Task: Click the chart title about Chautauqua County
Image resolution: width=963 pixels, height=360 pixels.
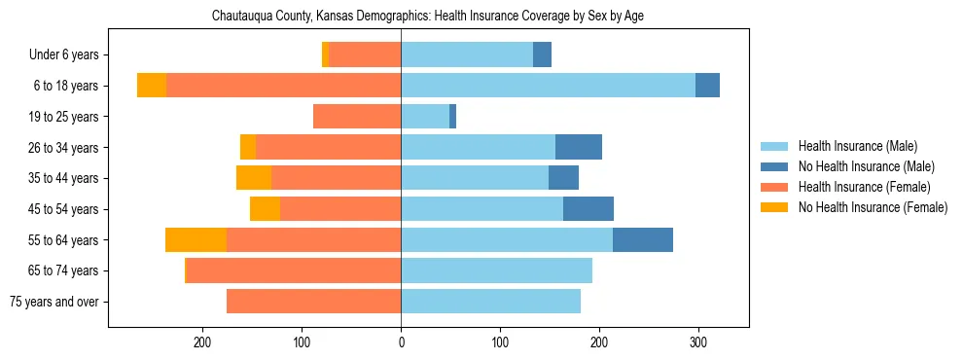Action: (x=428, y=16)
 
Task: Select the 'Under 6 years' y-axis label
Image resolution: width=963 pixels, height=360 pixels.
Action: (x=70, y=55)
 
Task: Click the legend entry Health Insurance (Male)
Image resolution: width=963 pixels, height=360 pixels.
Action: (x=857, y=146)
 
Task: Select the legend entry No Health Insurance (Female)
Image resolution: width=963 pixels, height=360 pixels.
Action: (x=873, y=207)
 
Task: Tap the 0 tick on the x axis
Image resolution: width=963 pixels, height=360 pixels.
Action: (x=401, y=342)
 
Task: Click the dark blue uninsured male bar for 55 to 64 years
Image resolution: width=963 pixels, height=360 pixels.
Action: (x=643, y=240)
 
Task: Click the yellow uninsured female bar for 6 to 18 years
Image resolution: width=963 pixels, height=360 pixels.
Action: (x=152, y=86)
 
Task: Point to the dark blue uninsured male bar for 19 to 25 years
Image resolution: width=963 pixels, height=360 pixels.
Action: (x=453, y=117)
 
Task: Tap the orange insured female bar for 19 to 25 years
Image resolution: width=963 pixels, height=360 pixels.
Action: (x=357, y=117)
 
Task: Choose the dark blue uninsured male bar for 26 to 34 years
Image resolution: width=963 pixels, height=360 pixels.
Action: (x=579, y=147)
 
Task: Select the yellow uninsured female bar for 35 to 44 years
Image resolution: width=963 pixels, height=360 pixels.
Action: (x=254, y=178)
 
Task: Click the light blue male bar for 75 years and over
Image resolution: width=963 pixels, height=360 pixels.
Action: (x=490, y=302)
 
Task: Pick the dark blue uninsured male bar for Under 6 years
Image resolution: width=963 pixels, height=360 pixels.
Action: (x=543, y=55)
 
